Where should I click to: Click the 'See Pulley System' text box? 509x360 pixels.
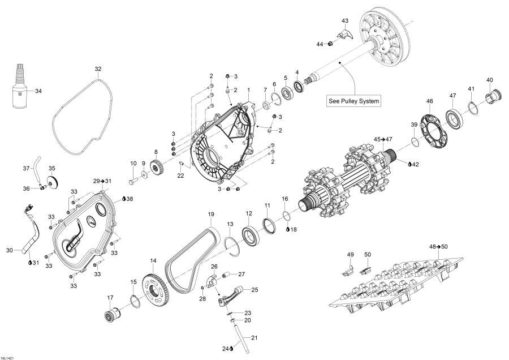(353, 101)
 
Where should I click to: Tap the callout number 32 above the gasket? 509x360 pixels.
(98, 69)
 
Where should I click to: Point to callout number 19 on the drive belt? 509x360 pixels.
(210, 214)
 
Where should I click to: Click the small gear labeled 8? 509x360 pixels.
(157, 169)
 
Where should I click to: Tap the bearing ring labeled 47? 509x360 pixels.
(454, 119)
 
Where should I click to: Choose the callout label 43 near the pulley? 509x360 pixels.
(346, 20)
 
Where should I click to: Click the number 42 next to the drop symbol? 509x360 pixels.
(415, 164)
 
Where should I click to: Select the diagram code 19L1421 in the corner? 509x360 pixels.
(9, 357)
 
